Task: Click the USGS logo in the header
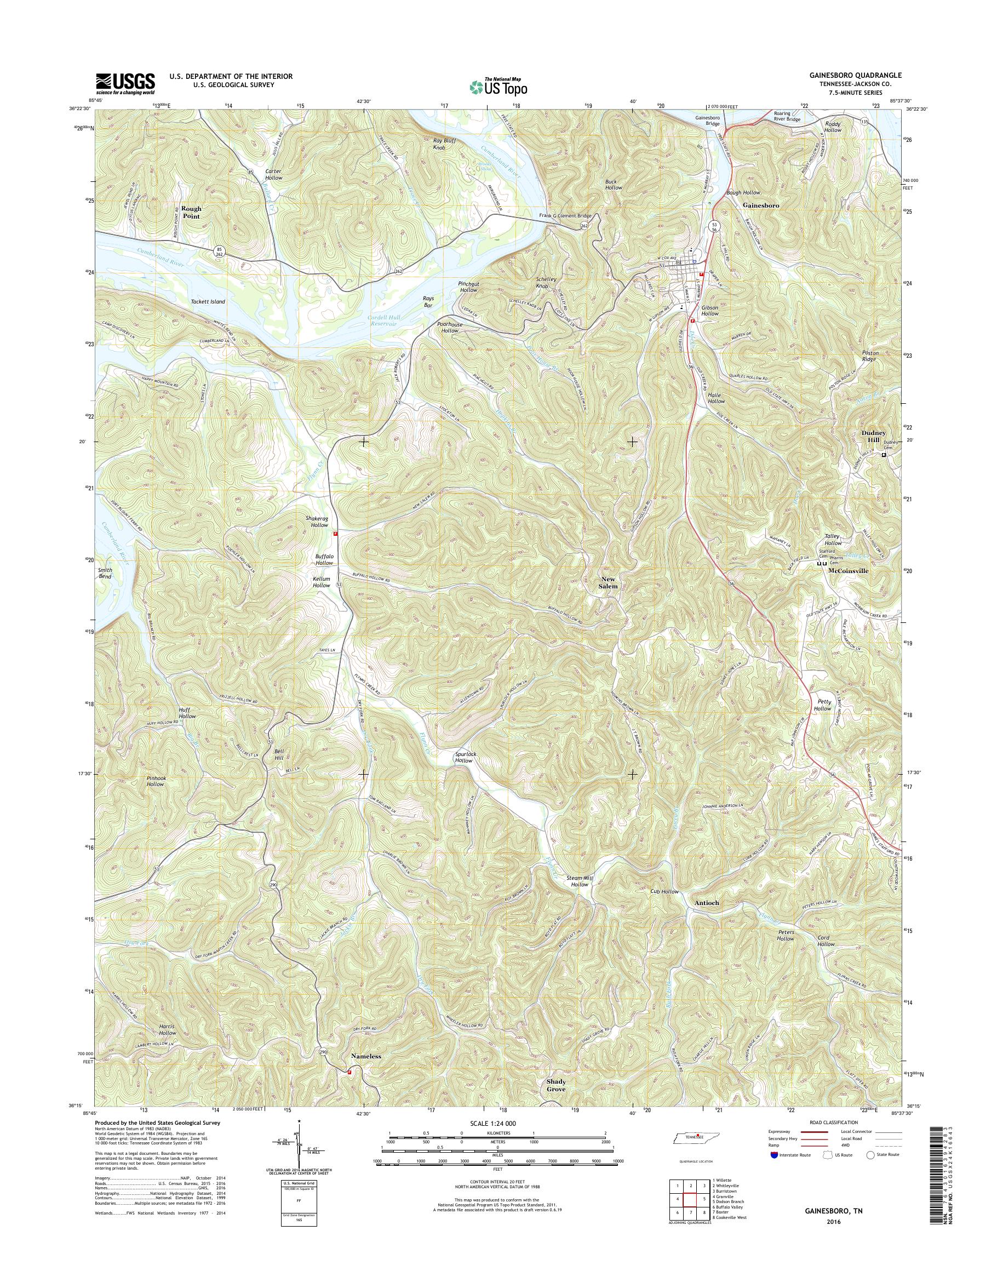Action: coord(125,83)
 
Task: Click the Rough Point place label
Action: coord(191,212)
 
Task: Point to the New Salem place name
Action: coord(607,582)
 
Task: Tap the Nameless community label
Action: coord(365,1056)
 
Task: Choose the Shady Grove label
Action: coord(555,1101)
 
